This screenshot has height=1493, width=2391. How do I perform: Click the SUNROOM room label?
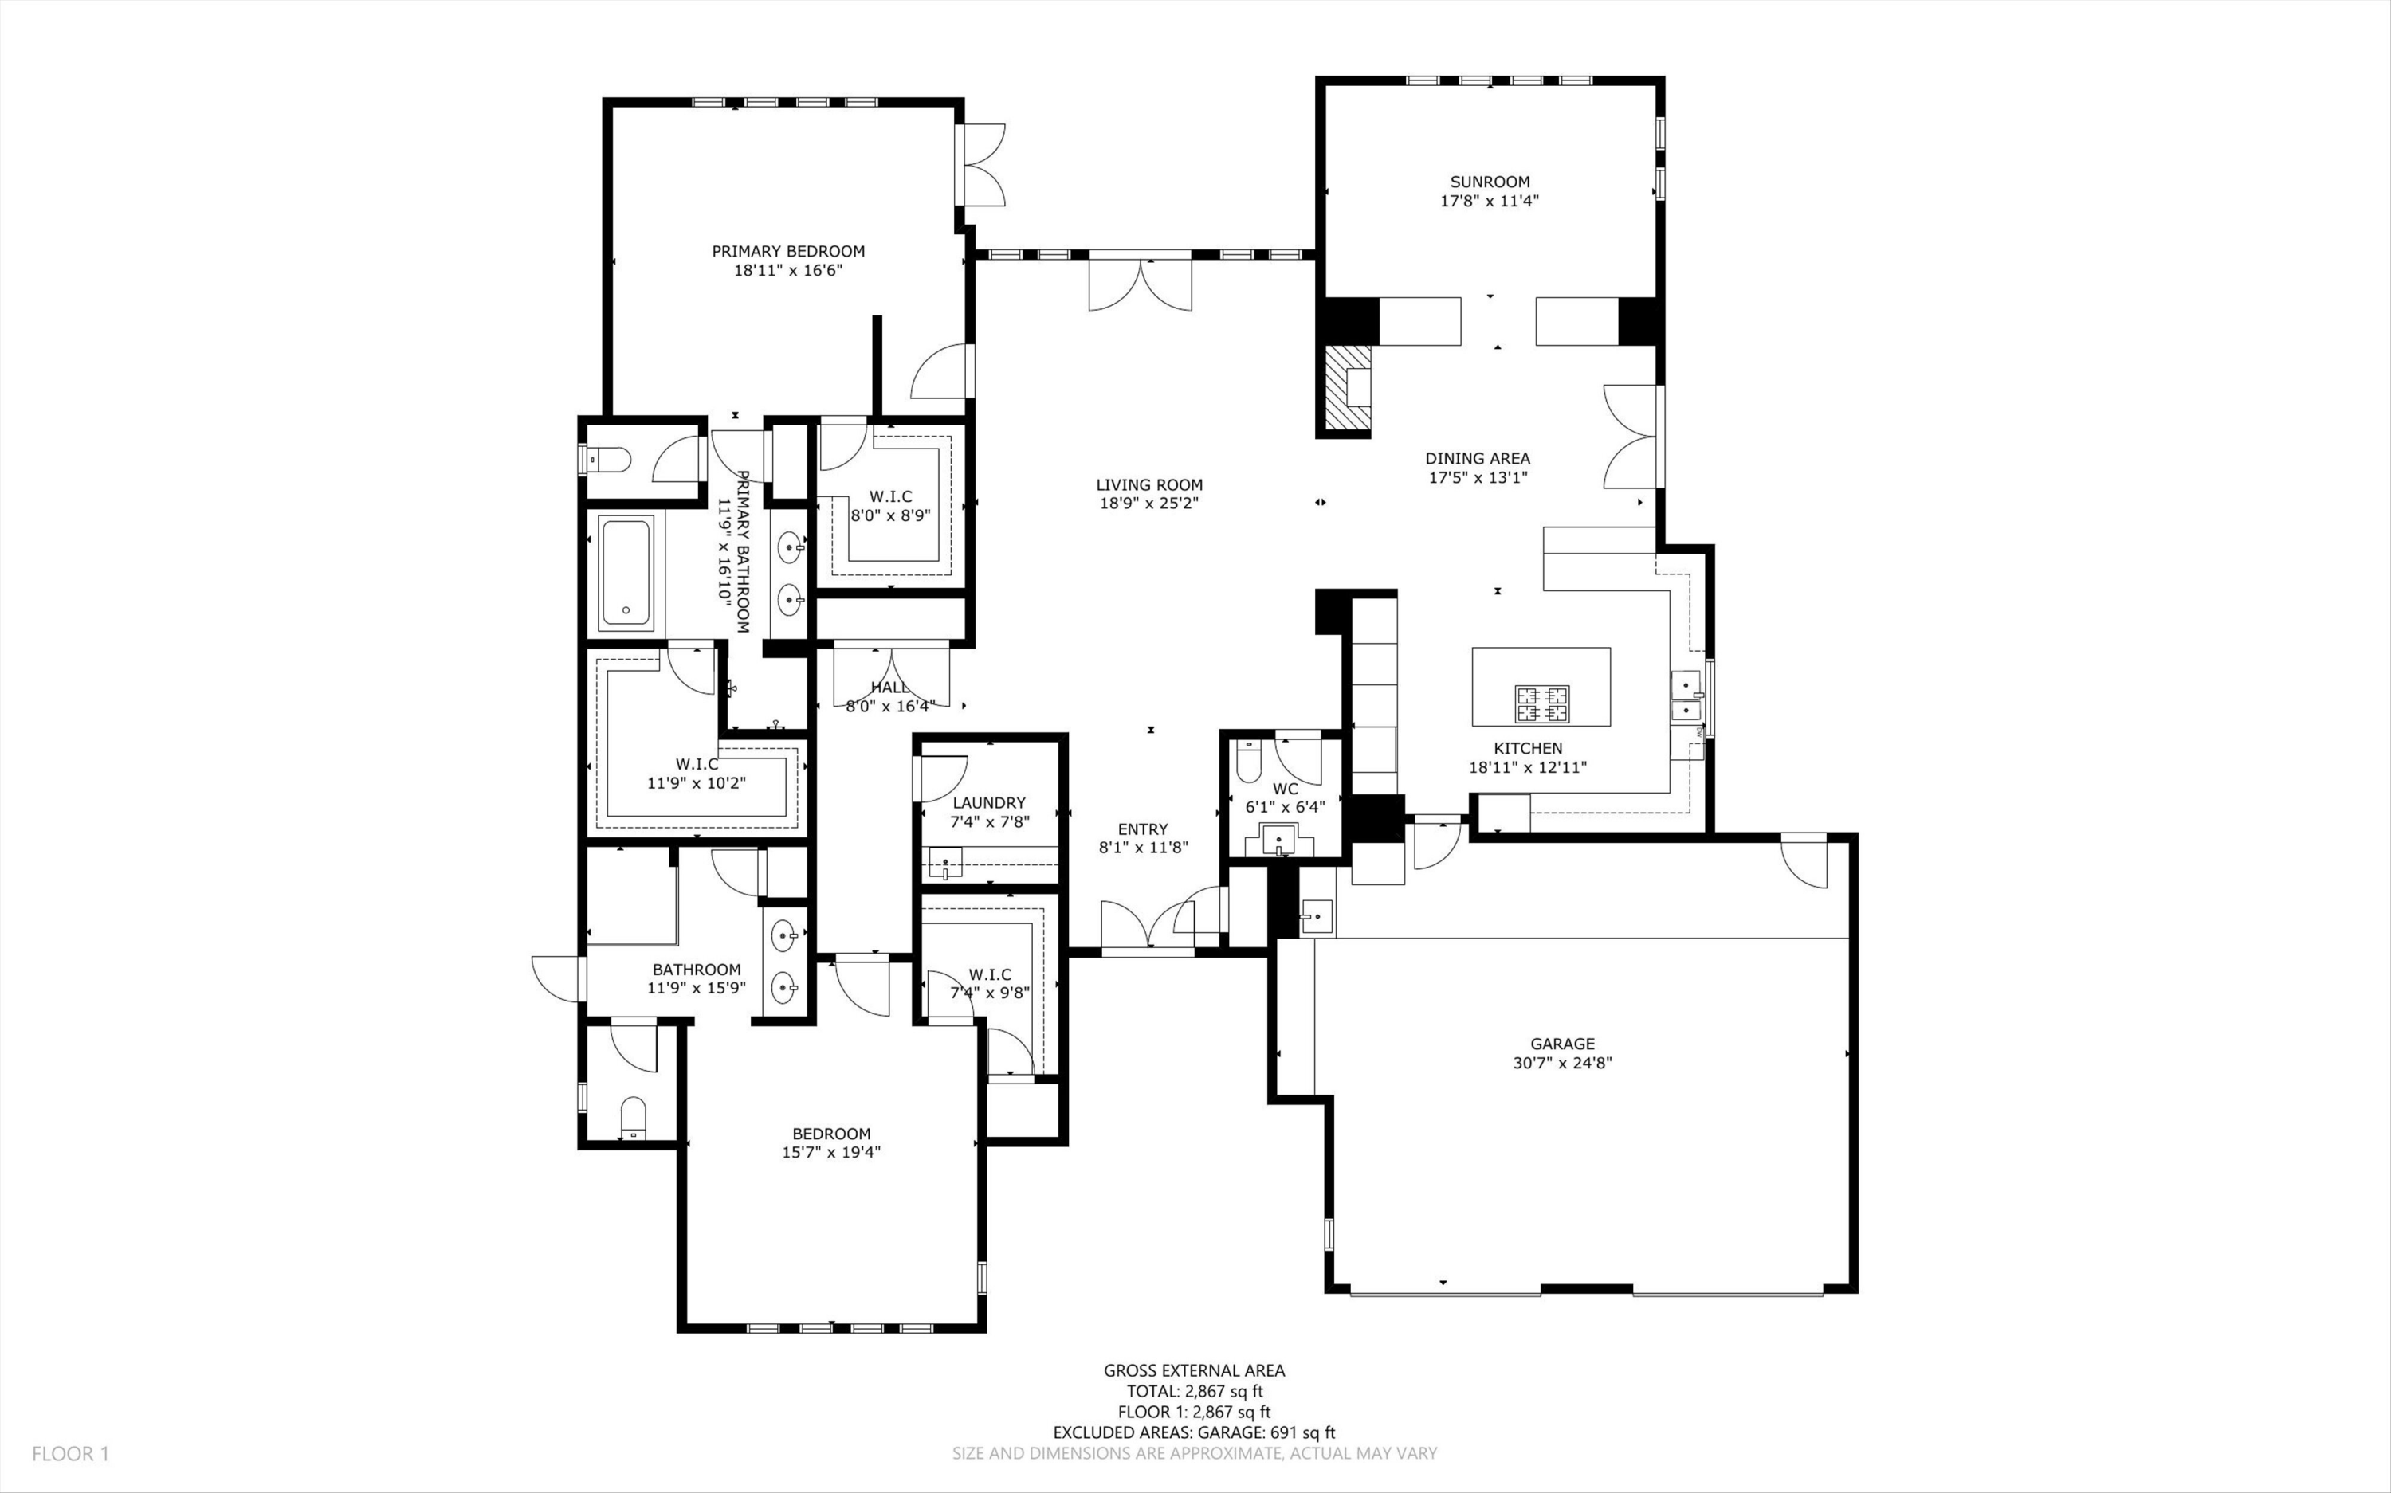point(1490,182)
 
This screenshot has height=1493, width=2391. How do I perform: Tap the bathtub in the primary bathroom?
point(626,574)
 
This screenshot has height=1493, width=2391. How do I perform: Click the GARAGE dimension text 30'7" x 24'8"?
point(1561,1063)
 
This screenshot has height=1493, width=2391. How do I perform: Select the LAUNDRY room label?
point(988,803)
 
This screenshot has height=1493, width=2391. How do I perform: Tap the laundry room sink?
point(945,864)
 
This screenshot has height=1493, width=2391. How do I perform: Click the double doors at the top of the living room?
point(1141,284)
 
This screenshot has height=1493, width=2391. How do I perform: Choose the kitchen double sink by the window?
point(1686,697)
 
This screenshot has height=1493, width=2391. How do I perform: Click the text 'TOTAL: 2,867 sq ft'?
point(1194,1391)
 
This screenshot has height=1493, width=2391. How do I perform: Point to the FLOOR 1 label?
point(70,1453)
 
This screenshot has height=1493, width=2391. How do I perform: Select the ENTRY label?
point(1143,829)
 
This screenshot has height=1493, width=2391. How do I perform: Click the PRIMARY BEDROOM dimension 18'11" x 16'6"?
point(788,269)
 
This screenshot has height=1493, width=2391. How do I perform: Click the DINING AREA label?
point(1478,458)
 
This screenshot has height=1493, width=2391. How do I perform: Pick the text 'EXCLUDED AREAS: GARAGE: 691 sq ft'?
point(1194,1432)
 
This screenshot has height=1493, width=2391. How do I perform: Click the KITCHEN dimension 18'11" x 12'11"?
point(1527,767)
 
